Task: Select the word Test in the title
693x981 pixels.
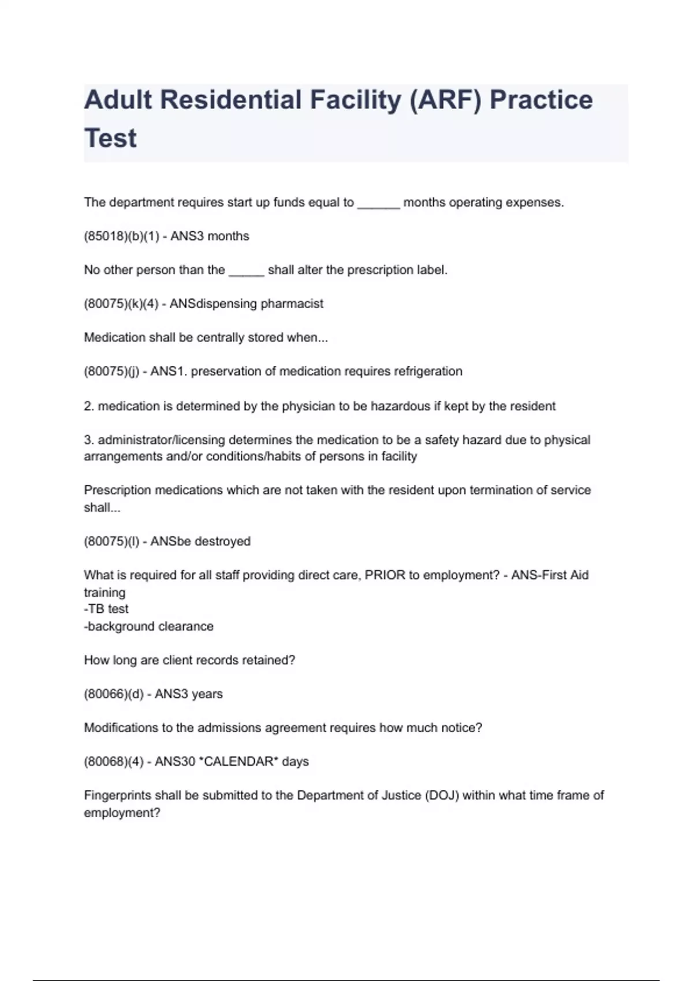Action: coord(110,138)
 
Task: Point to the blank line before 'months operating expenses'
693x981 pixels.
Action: coord(378,203)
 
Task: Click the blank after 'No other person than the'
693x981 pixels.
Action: coord(246,271)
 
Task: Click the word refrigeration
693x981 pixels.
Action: coord(428,371)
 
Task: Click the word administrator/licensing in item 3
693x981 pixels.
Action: coord(162,440)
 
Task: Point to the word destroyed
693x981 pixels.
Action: coord(222,541)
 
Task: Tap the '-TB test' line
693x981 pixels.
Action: coord(106,609)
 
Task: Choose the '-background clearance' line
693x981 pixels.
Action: coord(149,626)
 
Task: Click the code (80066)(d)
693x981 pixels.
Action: coord(114,694)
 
